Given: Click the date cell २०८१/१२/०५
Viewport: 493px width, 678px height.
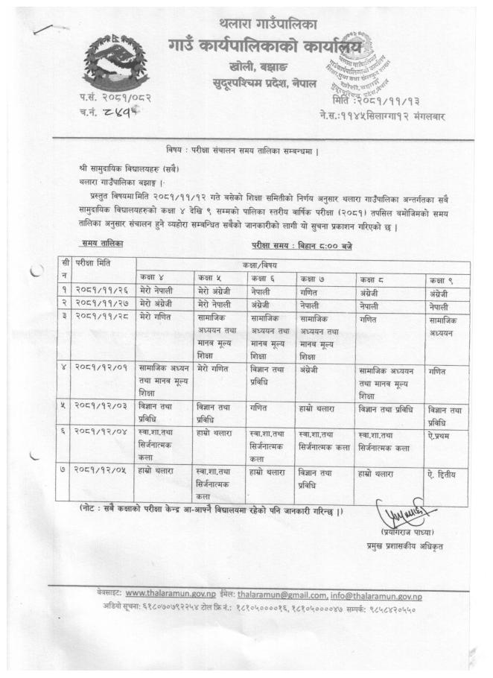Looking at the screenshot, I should [100, 473].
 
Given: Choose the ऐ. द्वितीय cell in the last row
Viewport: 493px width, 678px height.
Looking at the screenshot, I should [444, 472].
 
